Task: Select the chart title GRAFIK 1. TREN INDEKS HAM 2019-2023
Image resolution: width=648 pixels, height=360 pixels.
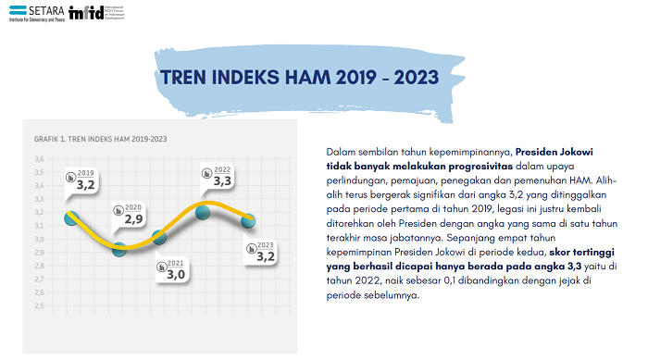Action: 101,139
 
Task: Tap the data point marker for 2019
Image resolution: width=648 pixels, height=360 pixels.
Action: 71,218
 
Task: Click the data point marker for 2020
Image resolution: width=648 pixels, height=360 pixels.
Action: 119,248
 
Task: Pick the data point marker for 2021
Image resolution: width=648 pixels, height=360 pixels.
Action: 160,237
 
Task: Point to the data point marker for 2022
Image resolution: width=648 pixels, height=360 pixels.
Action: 203,213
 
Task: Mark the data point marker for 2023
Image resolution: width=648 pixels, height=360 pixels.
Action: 247,220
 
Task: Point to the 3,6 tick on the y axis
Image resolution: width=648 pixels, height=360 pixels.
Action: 39,159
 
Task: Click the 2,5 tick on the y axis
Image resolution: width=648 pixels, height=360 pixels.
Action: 39,305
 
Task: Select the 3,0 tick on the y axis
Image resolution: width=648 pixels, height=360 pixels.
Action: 39,239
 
